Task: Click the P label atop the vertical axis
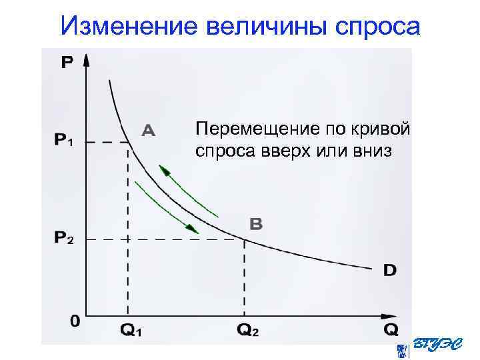(67, 63)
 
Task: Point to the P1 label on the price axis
(65, 141)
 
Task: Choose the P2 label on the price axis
(65, 239)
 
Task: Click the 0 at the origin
(75, 321)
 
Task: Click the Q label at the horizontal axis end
(391, 330)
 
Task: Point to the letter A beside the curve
(148, 130)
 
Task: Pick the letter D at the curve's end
(390, 270)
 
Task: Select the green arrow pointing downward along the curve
(167, 205)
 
